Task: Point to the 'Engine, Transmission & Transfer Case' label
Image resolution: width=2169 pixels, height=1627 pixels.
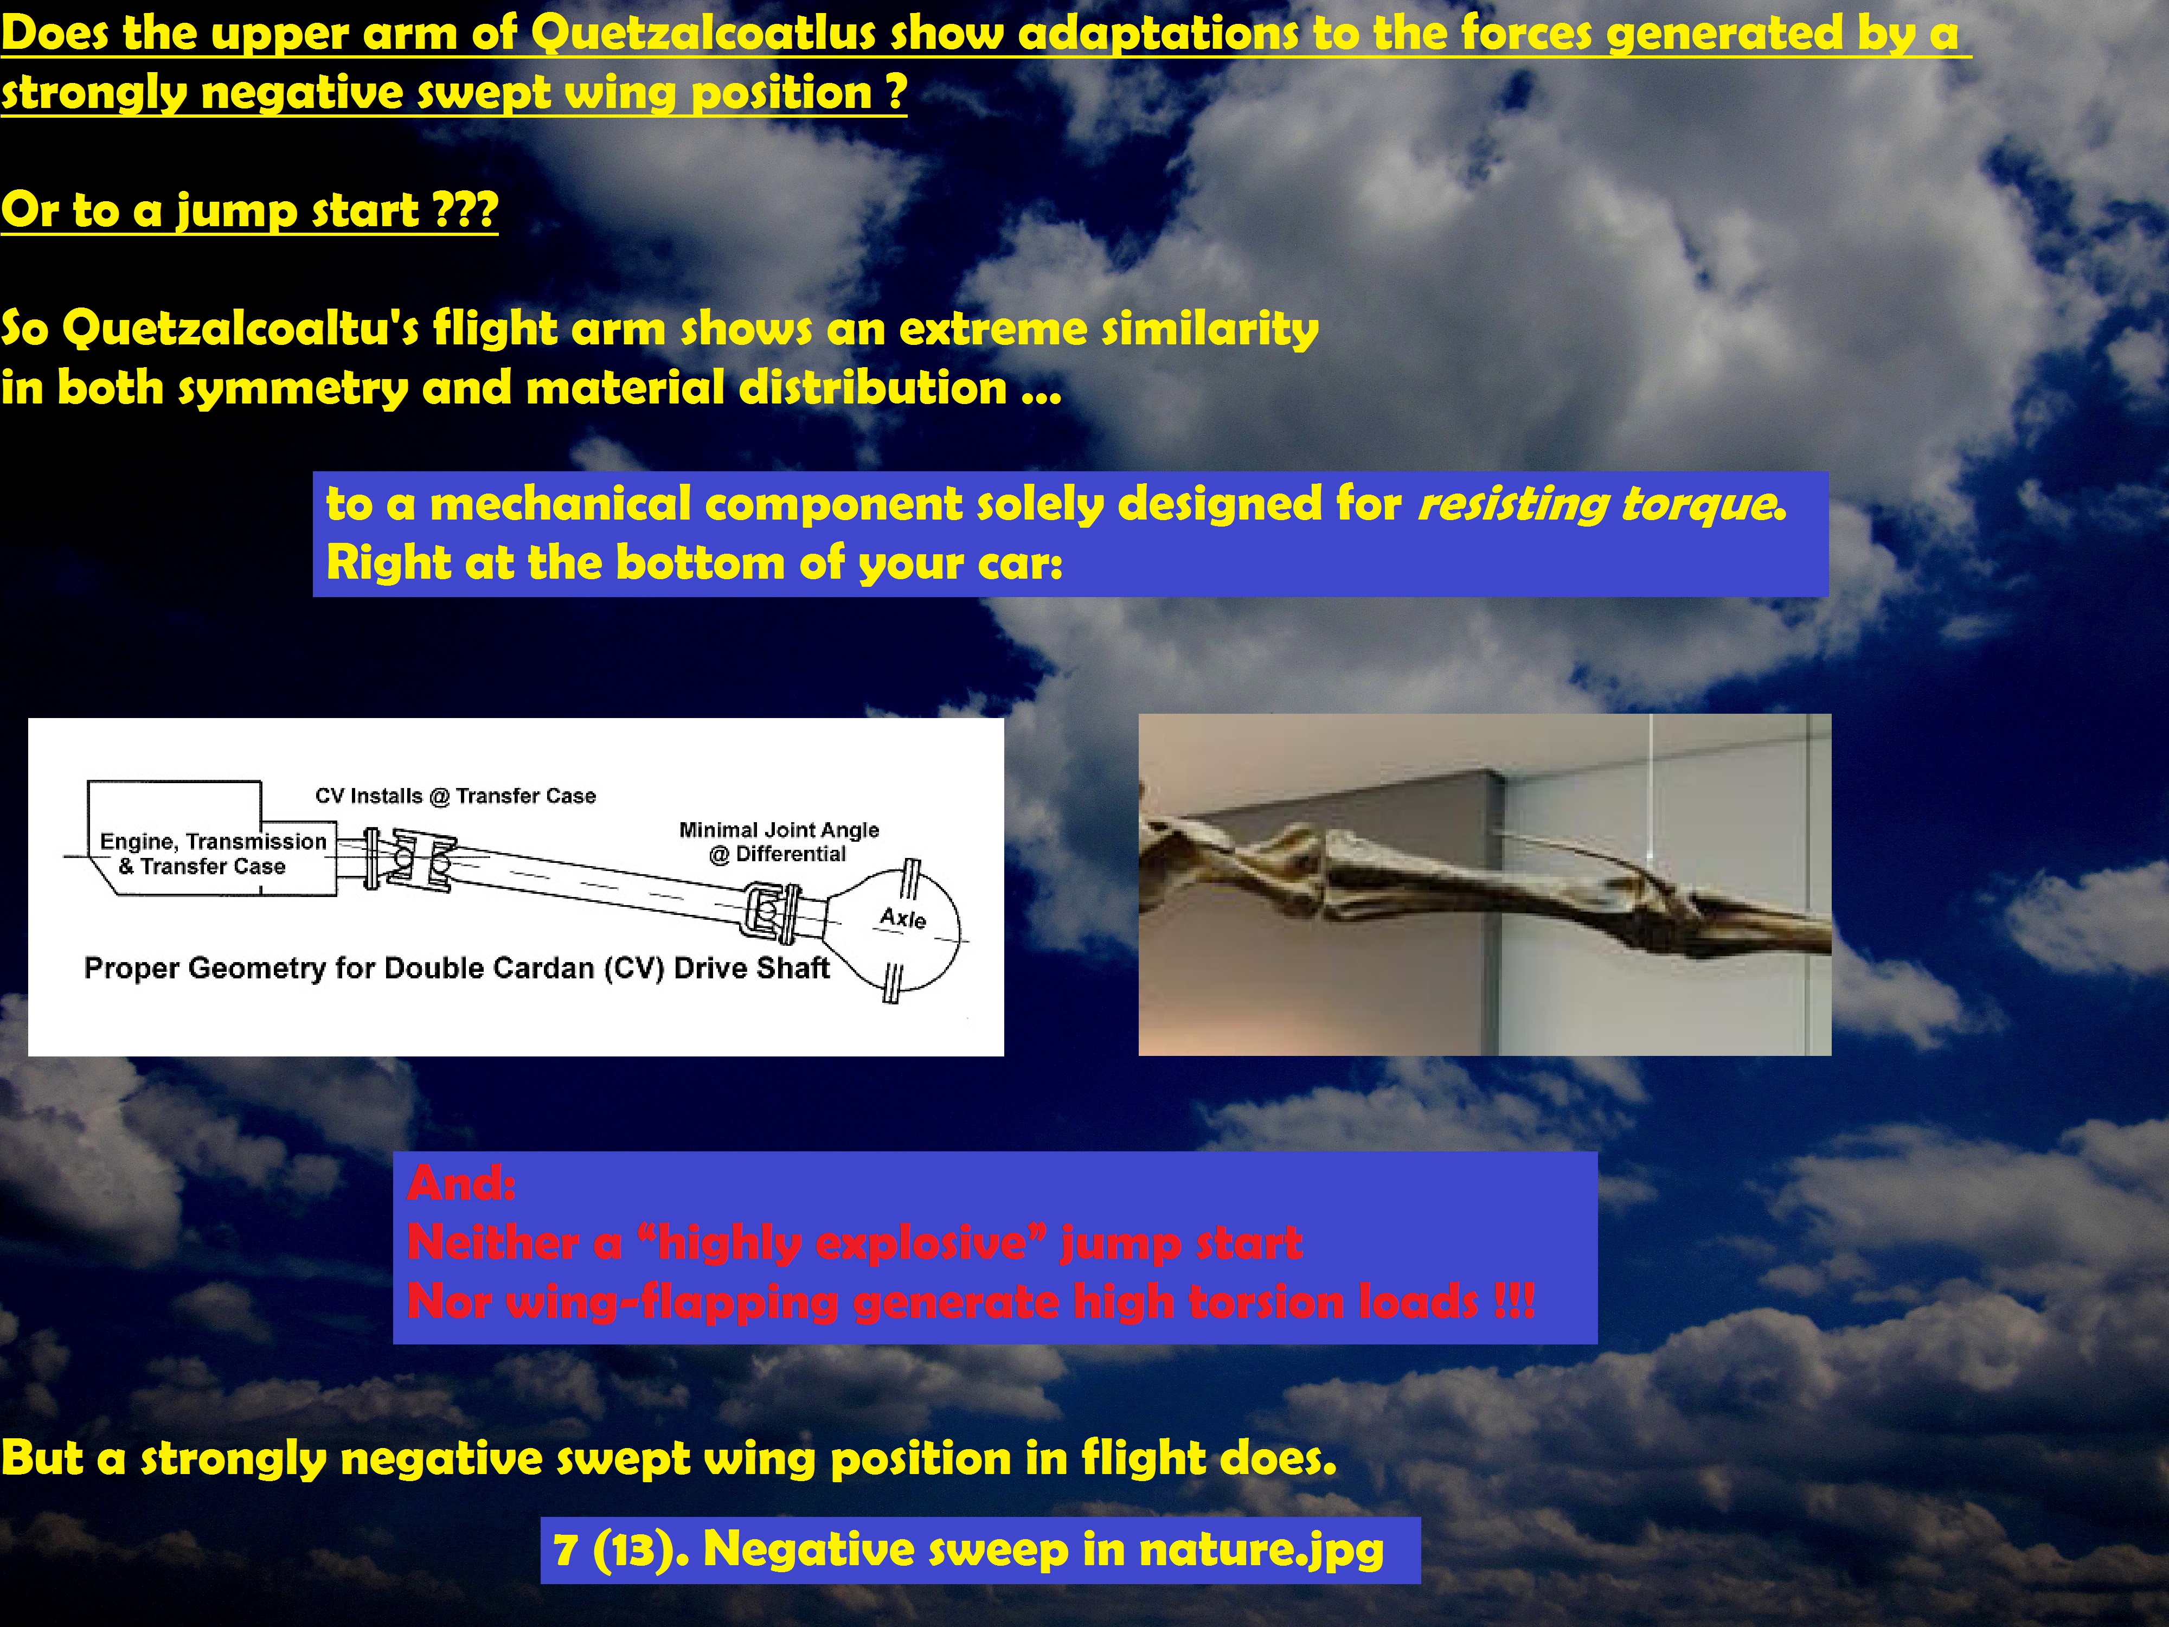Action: coord(212,853)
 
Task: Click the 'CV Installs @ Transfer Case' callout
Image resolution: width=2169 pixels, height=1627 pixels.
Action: coord(455,796)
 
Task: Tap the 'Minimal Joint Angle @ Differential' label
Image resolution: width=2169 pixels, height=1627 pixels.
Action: coord(779,842)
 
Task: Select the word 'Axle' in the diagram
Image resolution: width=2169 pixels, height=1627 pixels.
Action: coord(902,918)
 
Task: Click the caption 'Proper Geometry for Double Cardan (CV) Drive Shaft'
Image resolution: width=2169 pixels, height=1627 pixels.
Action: coord(457,968)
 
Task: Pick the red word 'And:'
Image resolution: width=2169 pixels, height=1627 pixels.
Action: coord(461,1183)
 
